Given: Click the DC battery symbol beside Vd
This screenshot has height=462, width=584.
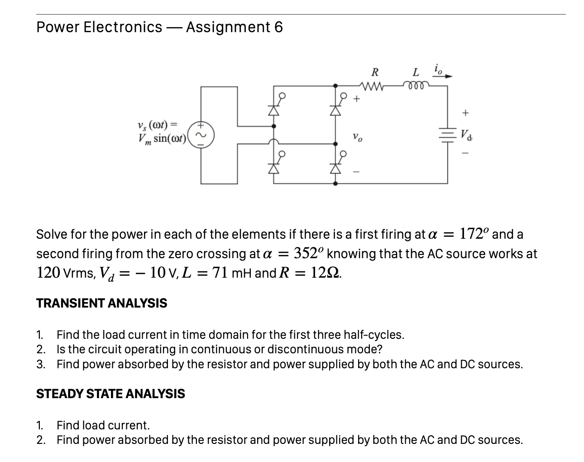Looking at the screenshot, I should point(447,134).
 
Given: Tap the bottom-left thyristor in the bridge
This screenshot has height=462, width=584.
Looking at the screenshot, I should point(273,167).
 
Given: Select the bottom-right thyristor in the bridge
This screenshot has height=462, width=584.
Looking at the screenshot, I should point(335,167).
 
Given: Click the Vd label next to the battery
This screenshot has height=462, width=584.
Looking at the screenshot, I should point(466,135).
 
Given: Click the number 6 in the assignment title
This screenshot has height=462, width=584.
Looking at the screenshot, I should point(278,28).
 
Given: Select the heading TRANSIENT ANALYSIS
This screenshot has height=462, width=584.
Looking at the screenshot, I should point(101,303).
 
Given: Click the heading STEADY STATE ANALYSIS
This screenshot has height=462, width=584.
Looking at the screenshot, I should point(110,394).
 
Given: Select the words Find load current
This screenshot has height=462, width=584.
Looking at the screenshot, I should point(103,425).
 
